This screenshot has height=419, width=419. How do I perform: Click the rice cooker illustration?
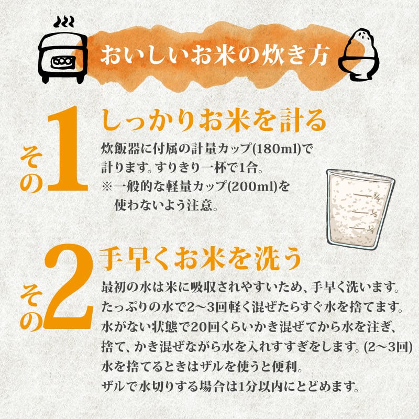[x=63, y=58]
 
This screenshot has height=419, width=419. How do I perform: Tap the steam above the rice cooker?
[x=63, y=22]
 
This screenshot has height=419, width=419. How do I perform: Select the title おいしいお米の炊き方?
[x=215, y=56]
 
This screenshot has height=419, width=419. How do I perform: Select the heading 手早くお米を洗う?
[x=200, y=259]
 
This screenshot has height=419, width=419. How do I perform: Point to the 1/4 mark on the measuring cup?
[x=371, y=229]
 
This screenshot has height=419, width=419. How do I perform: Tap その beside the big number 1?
[x=31, y=172]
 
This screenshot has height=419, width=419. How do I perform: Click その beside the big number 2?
[x=31, y=310]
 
